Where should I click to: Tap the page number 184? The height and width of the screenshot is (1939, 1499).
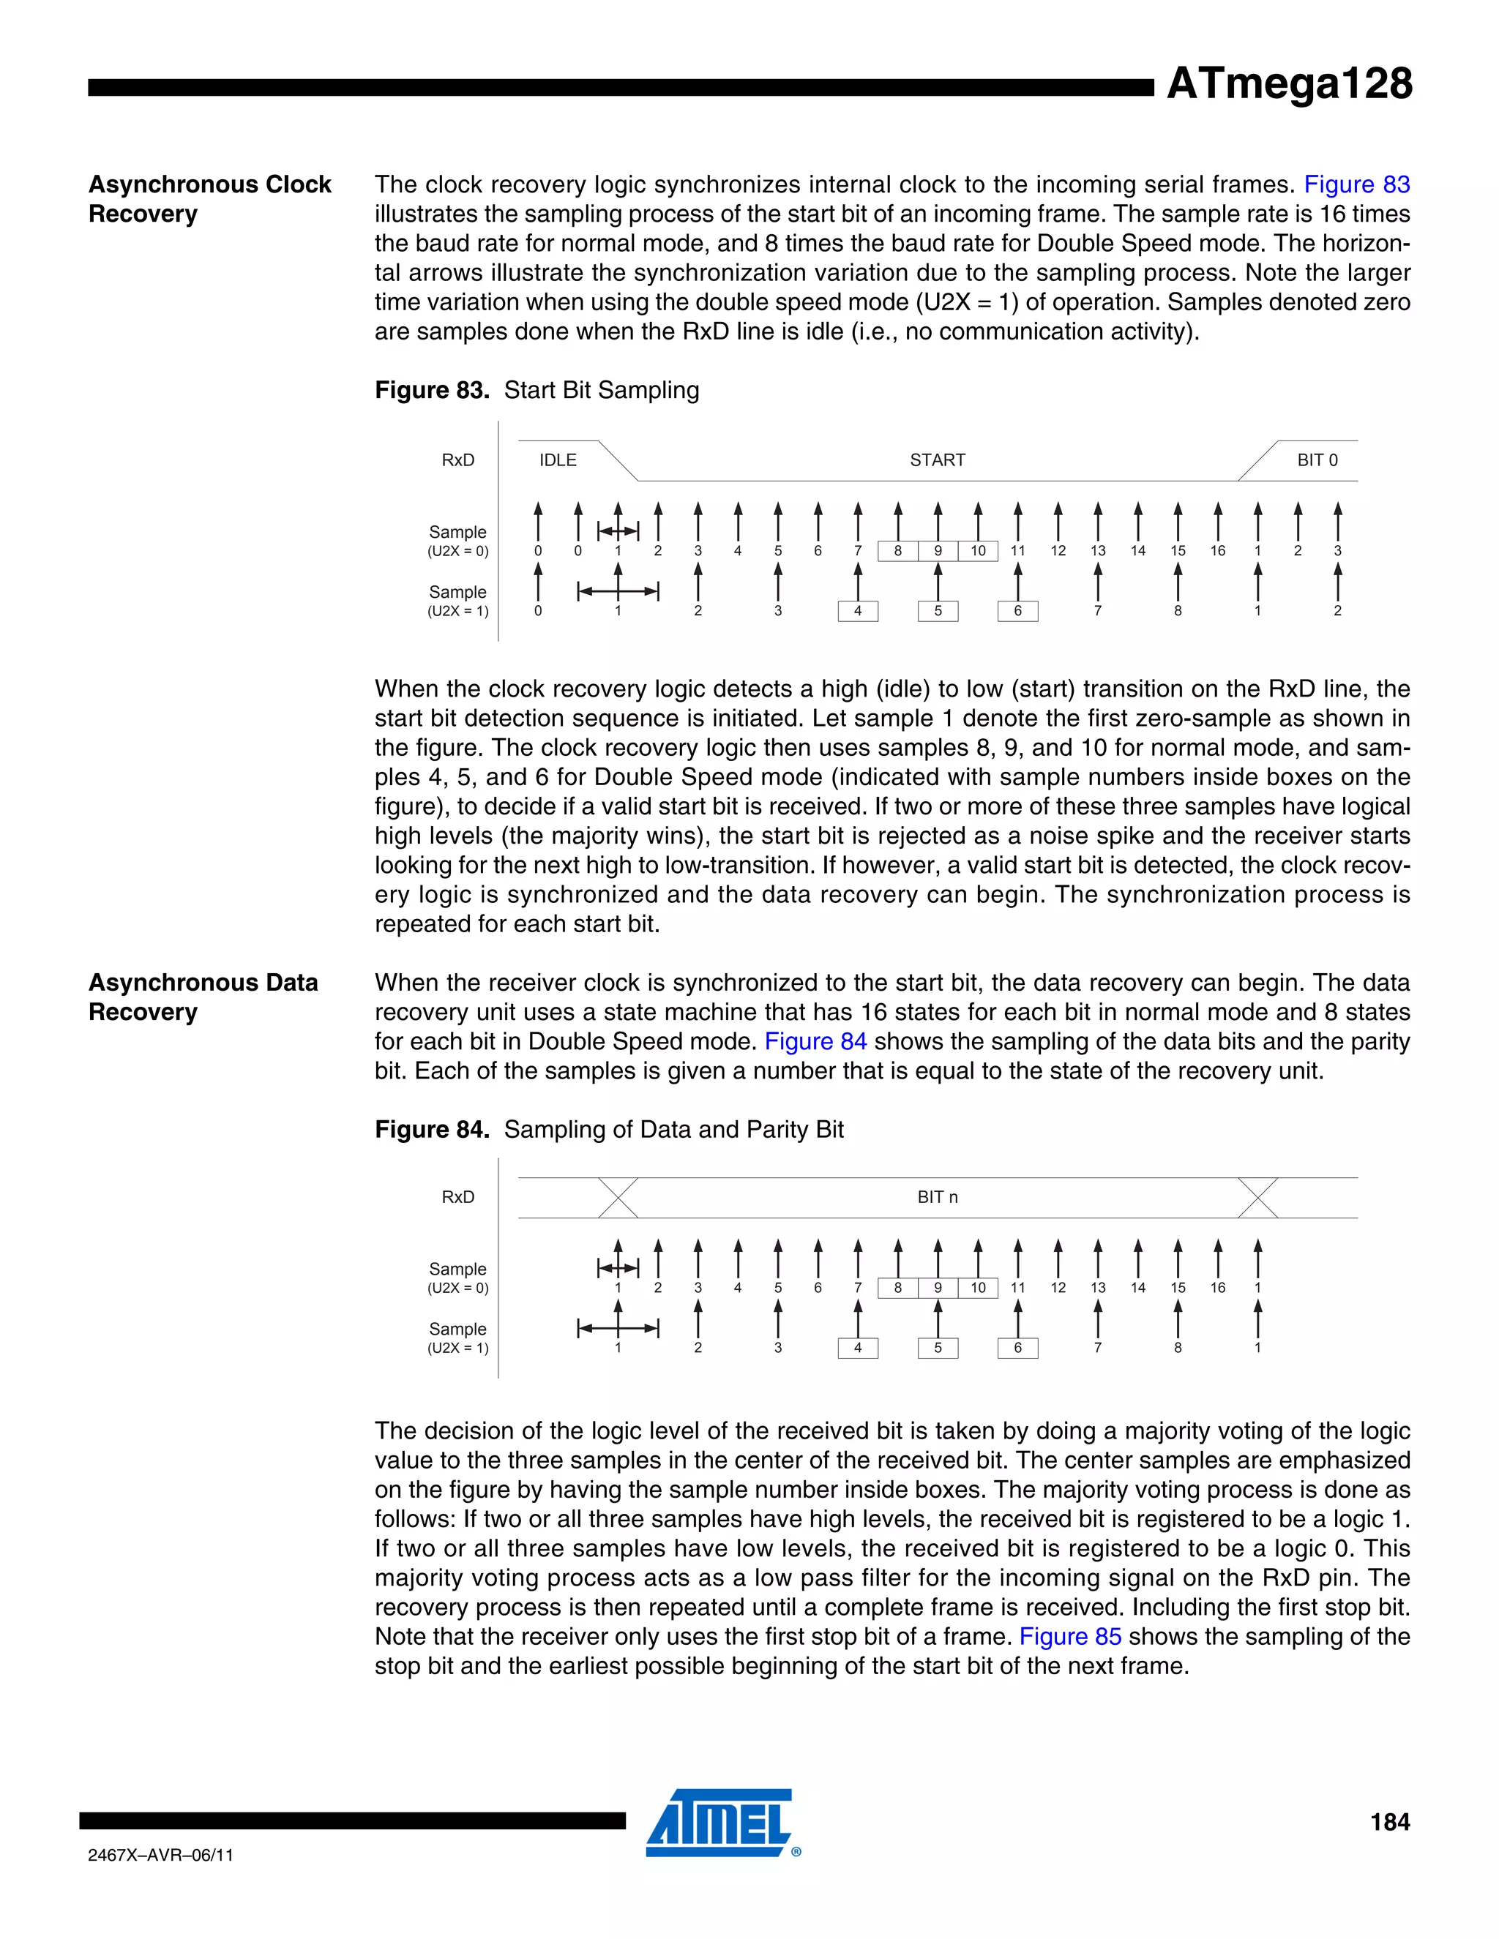point(1389,1822)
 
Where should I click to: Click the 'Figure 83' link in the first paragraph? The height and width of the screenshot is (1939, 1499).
point(1356,184)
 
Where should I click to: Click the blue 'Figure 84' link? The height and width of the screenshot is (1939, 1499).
point(815,1041)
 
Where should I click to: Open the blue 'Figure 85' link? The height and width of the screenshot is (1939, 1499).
point(1069,1636)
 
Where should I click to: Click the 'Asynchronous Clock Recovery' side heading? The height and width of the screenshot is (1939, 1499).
point(209,199)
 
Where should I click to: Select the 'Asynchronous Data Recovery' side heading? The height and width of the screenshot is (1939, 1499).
point(203,997)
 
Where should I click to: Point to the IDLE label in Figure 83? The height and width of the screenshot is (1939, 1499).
point(558,460)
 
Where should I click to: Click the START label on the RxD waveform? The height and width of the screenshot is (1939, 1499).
point(937,460)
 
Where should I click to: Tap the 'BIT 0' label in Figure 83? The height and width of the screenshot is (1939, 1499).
point(1317,460)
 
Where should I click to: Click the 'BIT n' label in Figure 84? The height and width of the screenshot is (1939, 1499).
point(937,1197)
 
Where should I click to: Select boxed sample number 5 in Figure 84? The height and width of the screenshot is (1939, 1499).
point(938,1348)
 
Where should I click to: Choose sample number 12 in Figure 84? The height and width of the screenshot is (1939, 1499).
point(1058,1287)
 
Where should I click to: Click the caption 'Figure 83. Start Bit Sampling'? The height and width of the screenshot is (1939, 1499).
point(537,391)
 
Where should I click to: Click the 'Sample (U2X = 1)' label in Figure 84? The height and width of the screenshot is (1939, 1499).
point(457,1338)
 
